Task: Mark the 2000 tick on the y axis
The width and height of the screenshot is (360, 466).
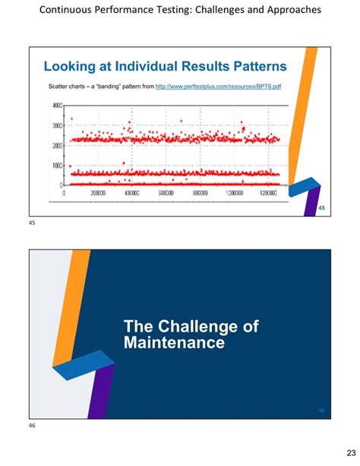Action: tap(57, 144)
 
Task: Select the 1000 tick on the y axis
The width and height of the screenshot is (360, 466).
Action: tap(57, 165)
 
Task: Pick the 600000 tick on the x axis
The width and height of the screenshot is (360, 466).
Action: tap(167, 194)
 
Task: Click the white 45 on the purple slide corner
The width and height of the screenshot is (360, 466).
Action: tap(321, 209)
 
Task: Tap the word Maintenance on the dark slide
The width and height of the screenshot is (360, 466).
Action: tap(174, 343)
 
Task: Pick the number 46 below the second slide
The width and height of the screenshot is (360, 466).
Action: tap(32, 426)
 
